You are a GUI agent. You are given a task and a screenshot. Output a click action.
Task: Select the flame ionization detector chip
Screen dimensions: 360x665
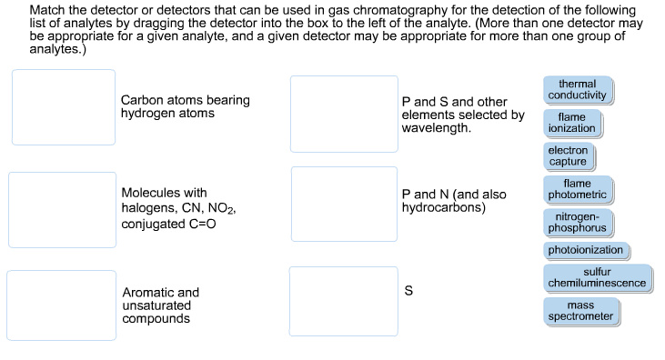[571, 123]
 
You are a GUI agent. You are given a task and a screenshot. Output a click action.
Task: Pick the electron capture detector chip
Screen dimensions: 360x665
[568, 155]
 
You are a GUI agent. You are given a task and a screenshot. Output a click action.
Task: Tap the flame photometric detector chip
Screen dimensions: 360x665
[577, 189]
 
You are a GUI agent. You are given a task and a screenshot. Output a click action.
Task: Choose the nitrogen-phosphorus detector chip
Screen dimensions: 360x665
[577, 221]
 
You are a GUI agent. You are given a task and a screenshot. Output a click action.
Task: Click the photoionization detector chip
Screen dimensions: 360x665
[586, 250]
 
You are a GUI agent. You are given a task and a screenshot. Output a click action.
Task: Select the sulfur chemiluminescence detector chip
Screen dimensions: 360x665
[597, 277]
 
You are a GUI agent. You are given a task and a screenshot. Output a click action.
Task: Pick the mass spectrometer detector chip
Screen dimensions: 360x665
[580, 311]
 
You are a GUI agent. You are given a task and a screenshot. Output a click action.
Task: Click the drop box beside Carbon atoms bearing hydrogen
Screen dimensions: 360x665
[64, 107]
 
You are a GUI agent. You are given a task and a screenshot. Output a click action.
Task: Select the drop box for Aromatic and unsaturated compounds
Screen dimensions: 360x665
[61, 305]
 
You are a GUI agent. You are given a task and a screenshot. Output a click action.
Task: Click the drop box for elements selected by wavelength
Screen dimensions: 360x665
[344, 114]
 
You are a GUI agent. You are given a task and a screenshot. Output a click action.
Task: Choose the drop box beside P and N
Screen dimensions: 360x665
[344, 204]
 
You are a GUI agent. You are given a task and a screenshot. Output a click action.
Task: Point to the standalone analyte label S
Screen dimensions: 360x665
[408, 291]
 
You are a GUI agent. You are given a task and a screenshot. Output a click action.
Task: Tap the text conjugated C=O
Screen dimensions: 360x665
[168, 224]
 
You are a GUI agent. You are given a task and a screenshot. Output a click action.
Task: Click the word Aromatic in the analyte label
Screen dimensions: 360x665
[148, 293]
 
